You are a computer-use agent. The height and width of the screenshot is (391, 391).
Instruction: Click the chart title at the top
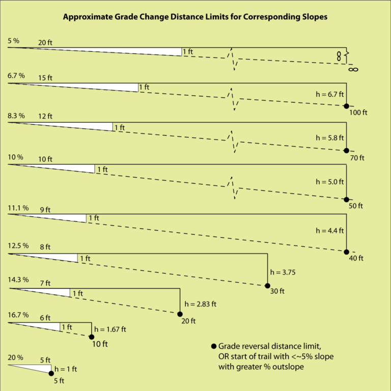(195, 17)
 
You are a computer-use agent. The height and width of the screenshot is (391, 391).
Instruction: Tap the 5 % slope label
(14, 40)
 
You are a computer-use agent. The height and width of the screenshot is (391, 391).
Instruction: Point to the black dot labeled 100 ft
(346, 106)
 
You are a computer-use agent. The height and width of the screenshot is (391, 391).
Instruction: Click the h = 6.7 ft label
(330, 94)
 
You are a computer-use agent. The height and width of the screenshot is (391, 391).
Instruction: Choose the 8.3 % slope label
(16, 116)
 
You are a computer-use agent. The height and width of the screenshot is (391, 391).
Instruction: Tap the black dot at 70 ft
(346, 151)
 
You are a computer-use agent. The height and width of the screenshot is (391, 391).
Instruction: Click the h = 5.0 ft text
(330, 181)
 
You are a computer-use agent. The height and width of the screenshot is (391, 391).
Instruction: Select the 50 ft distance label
(356, 206)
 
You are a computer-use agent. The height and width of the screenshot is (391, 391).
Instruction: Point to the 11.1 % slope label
(17, 208)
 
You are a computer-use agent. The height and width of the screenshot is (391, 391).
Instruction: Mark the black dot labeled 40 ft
(346, 252)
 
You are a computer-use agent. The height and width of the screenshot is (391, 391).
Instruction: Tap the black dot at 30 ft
(267, 286)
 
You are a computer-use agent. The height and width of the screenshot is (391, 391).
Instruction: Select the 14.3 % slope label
(18, 280)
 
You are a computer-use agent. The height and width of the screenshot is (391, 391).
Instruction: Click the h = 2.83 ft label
(201, 304)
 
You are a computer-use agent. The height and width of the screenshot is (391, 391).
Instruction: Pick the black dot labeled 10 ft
(92, 337)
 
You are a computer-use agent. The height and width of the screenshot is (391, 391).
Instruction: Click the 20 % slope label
(16, 357)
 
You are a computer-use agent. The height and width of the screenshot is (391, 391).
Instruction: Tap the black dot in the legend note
(213, 346)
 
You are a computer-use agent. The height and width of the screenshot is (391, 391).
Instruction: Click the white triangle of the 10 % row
(76, 167)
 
